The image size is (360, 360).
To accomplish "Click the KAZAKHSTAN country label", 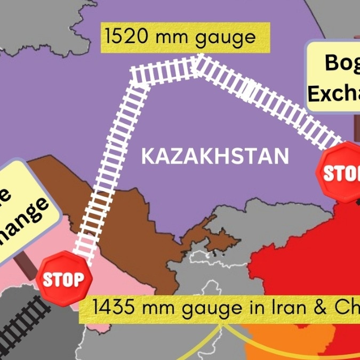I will (x=215, y=157).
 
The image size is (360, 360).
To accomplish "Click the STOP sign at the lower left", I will (x=64, y=278).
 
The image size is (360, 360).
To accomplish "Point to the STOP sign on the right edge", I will (x=341, y=172).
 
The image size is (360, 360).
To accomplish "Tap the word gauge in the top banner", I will (x=228, y=38).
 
